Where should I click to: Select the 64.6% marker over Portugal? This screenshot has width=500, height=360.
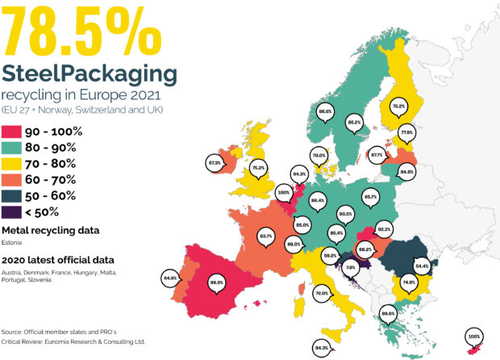point(170,278)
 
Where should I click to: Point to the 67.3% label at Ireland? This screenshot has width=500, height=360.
point(215,162)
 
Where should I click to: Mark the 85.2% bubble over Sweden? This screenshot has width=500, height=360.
point(352,122)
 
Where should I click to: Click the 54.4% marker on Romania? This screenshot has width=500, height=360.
point(422,265)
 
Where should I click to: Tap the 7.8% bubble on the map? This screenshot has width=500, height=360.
point(350,267)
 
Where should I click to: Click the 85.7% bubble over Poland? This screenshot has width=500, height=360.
point(370,196)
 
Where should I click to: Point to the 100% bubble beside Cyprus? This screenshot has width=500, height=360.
point(473,334)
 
